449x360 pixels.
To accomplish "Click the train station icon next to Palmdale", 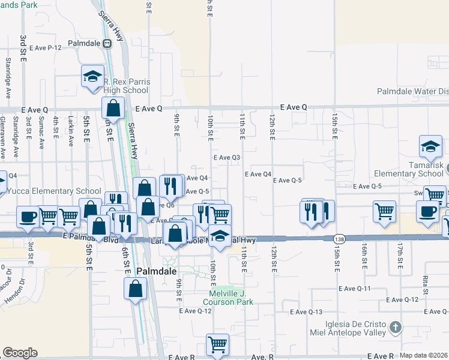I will [107, 44].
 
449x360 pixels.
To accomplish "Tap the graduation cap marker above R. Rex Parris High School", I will [92, 76].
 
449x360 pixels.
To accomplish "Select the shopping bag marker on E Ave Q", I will [113, 109].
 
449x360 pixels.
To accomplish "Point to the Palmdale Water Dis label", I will [412, 92].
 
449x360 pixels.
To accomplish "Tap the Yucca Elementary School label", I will [53, 191].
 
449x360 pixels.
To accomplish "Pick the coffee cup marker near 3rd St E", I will [28, 217].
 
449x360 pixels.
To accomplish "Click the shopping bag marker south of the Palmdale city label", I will [136, 289].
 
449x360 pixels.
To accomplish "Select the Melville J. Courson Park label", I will [231, 297].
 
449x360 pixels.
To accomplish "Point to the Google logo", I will [20, 353].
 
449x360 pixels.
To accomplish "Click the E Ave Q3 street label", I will [227, 158].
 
